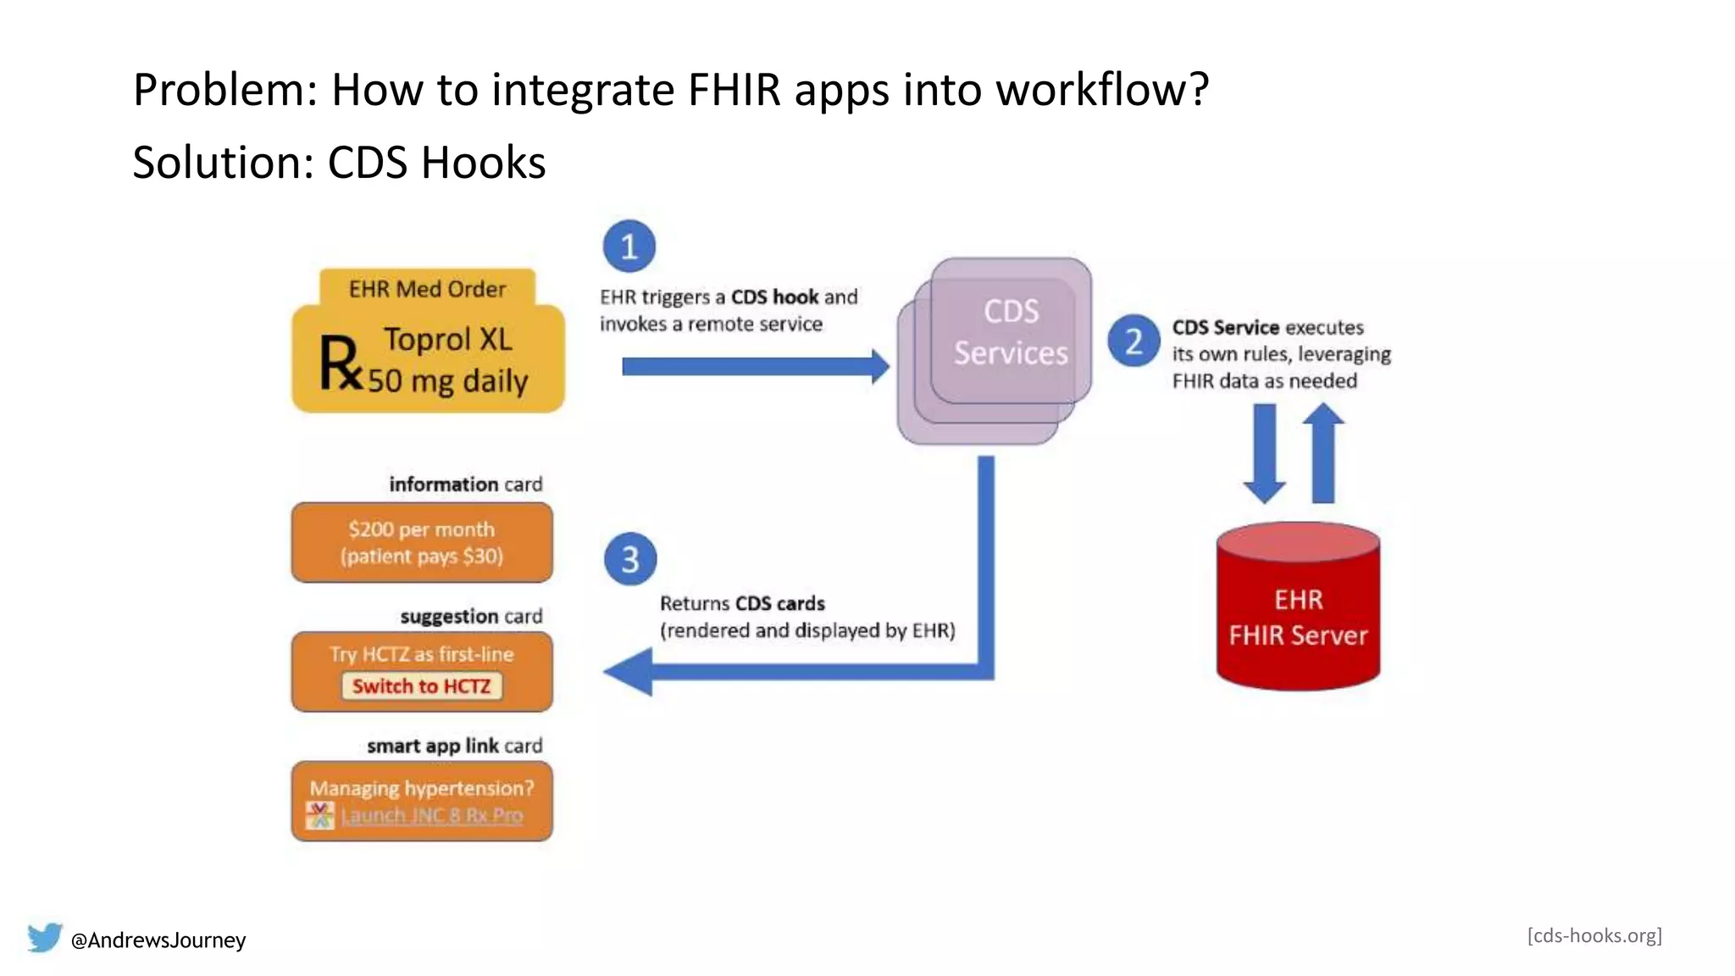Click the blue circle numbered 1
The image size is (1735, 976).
(629, 247)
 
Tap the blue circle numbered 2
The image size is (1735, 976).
(1134, 341)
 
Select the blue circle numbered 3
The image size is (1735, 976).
(630, 559)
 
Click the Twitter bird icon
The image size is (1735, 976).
(44, 938)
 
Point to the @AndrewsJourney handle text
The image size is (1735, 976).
(158, 940)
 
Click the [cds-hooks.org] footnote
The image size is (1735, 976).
(1594, 935)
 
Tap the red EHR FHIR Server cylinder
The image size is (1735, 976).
(1298, 610)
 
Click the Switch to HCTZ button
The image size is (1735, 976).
(422, 686)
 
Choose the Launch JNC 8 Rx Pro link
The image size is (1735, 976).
(431, 816)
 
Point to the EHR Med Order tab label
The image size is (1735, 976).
(427, 289)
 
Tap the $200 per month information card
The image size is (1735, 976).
(422, 542)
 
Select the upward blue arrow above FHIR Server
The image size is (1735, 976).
(1323, 453)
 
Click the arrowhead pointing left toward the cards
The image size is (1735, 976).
(629, 672)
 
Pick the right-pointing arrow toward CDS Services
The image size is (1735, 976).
(754, 367)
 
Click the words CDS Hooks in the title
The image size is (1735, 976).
(436, 163)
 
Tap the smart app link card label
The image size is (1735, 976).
(454, 746)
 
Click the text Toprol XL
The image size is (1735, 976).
(447, 340)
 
